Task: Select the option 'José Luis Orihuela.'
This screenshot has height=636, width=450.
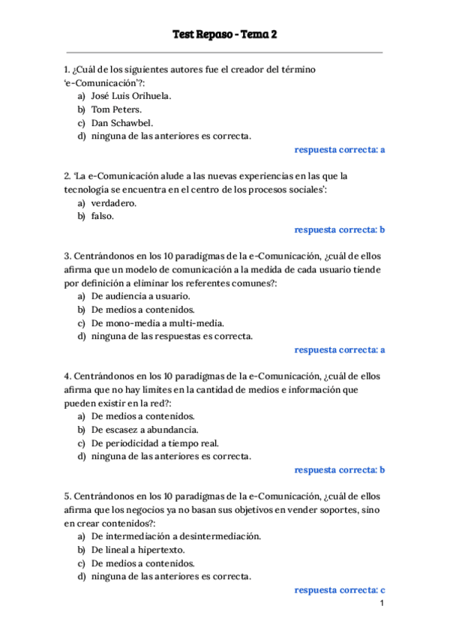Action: click(x=131, y=96)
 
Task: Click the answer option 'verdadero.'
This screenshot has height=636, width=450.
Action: click(x=114, y=202)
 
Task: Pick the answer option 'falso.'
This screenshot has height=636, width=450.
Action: click(x=103, y=216)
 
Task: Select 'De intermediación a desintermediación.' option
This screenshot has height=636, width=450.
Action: click(x=176, y=536)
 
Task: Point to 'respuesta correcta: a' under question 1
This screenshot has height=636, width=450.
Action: click(x=340, y=150)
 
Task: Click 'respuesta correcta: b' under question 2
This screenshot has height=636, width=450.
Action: click(x=340, y=229)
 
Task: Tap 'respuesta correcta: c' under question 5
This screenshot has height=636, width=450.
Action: click(x=340, y=590)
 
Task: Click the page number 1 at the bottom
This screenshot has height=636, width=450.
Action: click(x=382, y=604)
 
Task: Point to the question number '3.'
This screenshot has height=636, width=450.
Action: click(x=67, y=256)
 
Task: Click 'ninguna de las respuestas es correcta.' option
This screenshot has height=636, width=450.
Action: click(x=172, y=336)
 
